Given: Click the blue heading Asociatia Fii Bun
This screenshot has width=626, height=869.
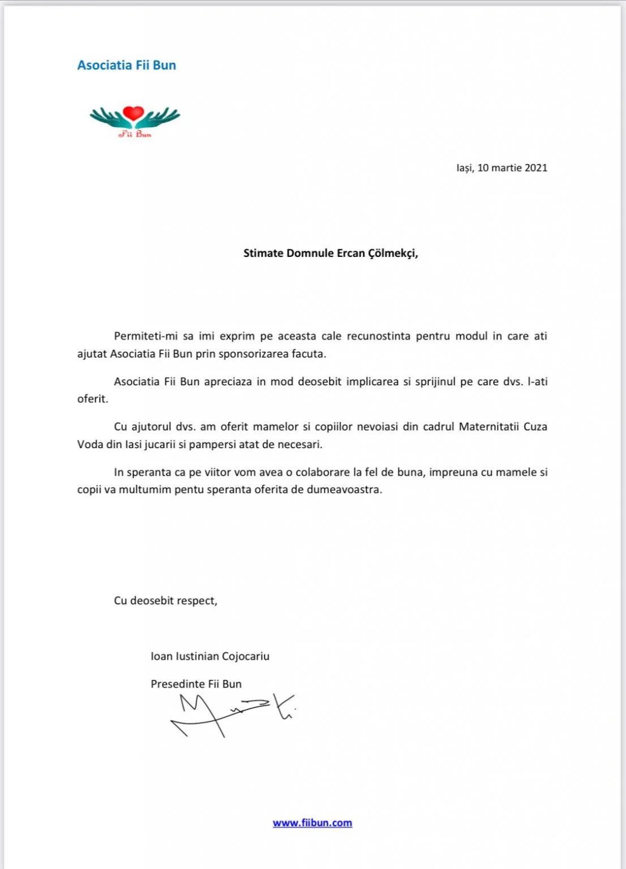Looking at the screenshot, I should (126, 65).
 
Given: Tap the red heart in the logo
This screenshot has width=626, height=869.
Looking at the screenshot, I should (134, 113).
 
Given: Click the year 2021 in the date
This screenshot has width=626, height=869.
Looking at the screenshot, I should (535, 167).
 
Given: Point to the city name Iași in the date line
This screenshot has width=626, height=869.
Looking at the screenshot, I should (464, 168).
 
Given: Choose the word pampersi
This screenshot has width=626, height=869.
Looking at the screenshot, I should (212, 445).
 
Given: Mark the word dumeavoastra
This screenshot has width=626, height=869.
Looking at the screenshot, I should (344, 489).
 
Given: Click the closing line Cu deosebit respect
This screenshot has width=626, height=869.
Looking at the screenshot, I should (165, 600).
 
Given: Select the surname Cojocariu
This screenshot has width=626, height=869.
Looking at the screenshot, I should (246, 656).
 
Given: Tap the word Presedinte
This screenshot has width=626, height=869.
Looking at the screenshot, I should (178, 684).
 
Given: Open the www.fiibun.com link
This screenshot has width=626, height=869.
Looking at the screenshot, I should (312, 823).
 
